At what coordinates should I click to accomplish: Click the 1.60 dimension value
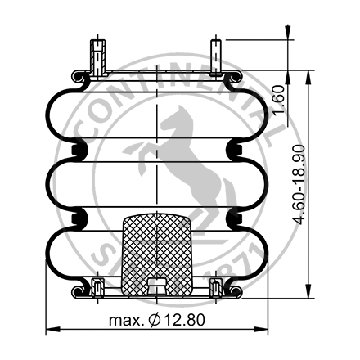[289, 101]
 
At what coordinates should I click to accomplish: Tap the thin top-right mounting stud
[217, 56]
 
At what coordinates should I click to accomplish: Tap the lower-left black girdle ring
[79, 218]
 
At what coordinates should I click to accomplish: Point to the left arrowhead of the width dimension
[48, 330]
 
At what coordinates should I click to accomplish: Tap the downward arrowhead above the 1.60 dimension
[287, 33]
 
